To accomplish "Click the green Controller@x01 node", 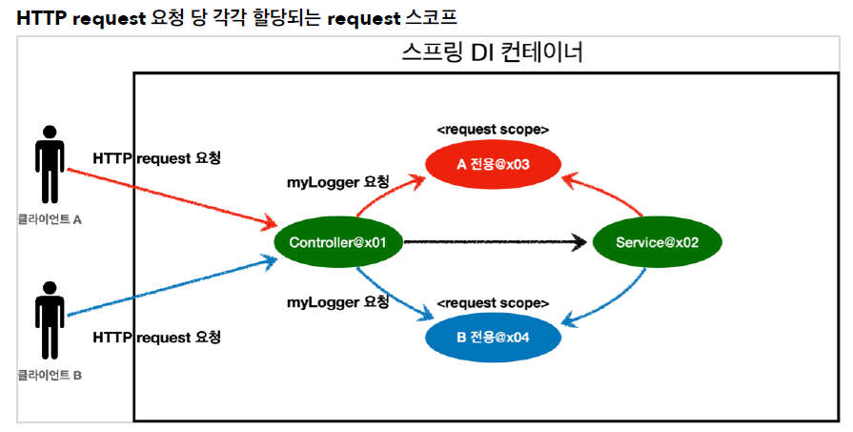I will pos(337,242).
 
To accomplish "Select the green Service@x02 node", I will pos(657,242).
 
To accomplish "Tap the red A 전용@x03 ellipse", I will pos(492,164).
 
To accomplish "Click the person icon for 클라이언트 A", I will pos(50,168).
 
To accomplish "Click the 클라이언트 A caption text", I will pos(50,218).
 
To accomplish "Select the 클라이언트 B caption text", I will pos(50,375).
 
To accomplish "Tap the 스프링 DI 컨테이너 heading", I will pos(492,53).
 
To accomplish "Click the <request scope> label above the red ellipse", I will pos(493,129).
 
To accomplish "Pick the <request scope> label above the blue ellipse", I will pos(493,302).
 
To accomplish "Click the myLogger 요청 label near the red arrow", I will pos(338,181).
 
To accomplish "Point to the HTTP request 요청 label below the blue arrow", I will pos(157,338).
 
